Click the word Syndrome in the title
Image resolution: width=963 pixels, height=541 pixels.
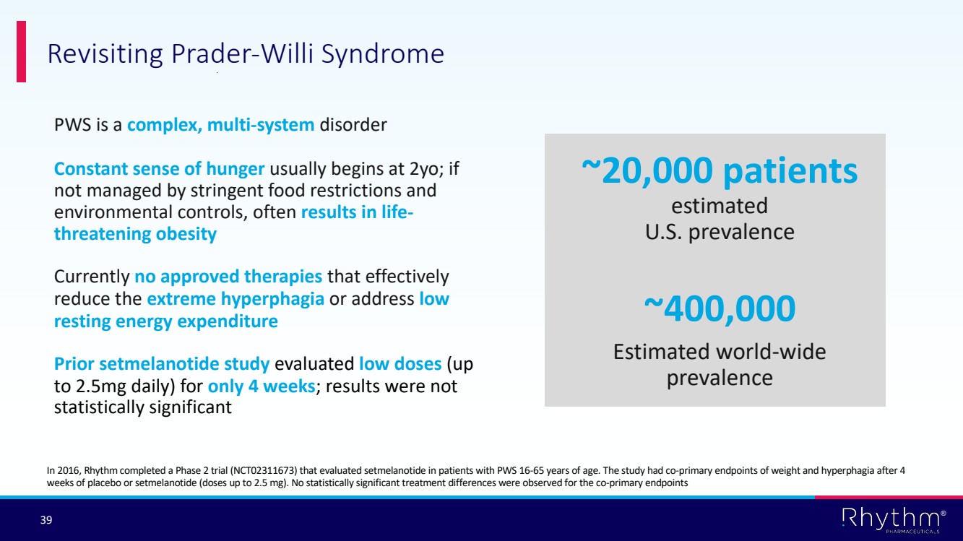click(x=383, y=54)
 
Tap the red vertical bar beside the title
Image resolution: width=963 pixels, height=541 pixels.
click(x=21, y=51)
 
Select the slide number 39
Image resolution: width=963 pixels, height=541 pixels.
click(x=46, y=520)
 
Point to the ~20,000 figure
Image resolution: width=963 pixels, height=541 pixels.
click(x=647, y=170)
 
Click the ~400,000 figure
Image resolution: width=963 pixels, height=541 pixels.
click(x=720, y=308)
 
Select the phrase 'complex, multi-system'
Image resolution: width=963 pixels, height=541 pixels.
click(x=220, y=125)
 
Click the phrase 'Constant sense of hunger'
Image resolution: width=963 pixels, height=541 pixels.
click(x=159, y=169)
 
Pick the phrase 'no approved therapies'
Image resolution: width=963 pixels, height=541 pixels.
click(x=228, y=277)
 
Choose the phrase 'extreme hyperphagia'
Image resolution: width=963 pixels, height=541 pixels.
click(x=236, y=299)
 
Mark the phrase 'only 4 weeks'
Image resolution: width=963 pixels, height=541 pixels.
click(x=262, y=386)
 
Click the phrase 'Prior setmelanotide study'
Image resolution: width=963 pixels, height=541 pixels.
click(x=162, y=364)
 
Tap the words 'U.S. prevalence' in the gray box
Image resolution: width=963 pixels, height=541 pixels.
click(x=720, y=232)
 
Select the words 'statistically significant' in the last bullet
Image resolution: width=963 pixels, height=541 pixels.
click(x=143, y=407)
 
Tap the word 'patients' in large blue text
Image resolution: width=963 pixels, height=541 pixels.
click(x=790, y=171)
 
